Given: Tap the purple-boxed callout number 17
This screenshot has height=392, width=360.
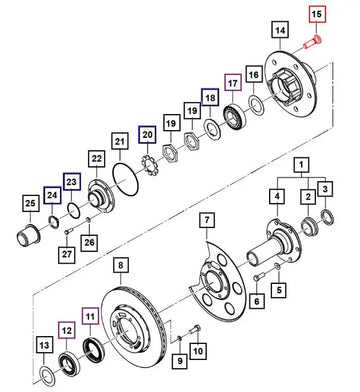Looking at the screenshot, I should (232, 86).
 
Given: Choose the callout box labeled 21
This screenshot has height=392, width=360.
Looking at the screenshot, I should (119, 143).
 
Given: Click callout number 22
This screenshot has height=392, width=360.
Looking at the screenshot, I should (97, 158).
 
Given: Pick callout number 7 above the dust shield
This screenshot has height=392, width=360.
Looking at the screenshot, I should (207, 219).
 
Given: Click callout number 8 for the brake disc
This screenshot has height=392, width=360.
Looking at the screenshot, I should (120, 265).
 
